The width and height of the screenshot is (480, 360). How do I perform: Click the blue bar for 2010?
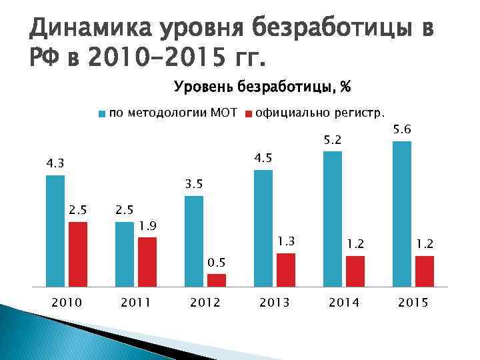(x=55, y=231)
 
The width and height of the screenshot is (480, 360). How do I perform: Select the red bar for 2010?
(x=78, y=254)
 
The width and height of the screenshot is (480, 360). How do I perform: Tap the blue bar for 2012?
(x=194, y=241)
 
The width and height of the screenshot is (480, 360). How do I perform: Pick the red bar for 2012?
(x=217, y=280)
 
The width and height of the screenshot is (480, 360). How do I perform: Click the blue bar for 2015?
(x=402, y=213)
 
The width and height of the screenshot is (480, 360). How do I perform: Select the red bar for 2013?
(x=286, y=270)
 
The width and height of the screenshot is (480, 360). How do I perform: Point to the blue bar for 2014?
(x=333, y=219)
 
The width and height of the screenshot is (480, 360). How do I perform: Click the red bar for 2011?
(x=147, y=261)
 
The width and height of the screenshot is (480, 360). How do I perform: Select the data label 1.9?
(x=148, y=226)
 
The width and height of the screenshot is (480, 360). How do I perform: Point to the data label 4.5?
(x=264, y=158)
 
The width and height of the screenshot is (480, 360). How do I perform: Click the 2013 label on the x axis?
(x=274, y=303)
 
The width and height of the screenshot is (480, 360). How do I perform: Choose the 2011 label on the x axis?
(x=135, y=303)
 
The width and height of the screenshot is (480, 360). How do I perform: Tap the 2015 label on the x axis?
(x=413, y=303)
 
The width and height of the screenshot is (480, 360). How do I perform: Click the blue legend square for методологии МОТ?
(x=101, y=113)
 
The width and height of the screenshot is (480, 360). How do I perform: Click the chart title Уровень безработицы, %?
(x=263, y=87)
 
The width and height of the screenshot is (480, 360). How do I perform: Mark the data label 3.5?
(x=195, y=184)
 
